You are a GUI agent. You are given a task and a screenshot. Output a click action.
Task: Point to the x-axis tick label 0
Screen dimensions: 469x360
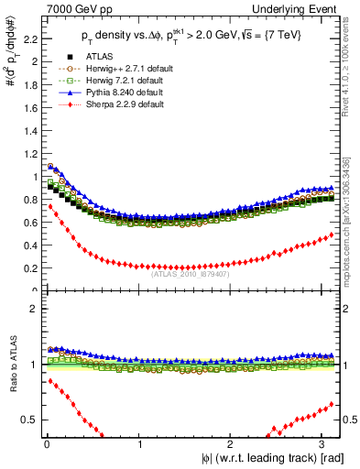(46, 443)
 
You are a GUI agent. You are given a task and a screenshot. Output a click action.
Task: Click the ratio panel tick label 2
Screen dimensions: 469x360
(32, 308)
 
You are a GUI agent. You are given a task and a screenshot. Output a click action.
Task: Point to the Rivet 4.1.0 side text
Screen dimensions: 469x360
(353, 64)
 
